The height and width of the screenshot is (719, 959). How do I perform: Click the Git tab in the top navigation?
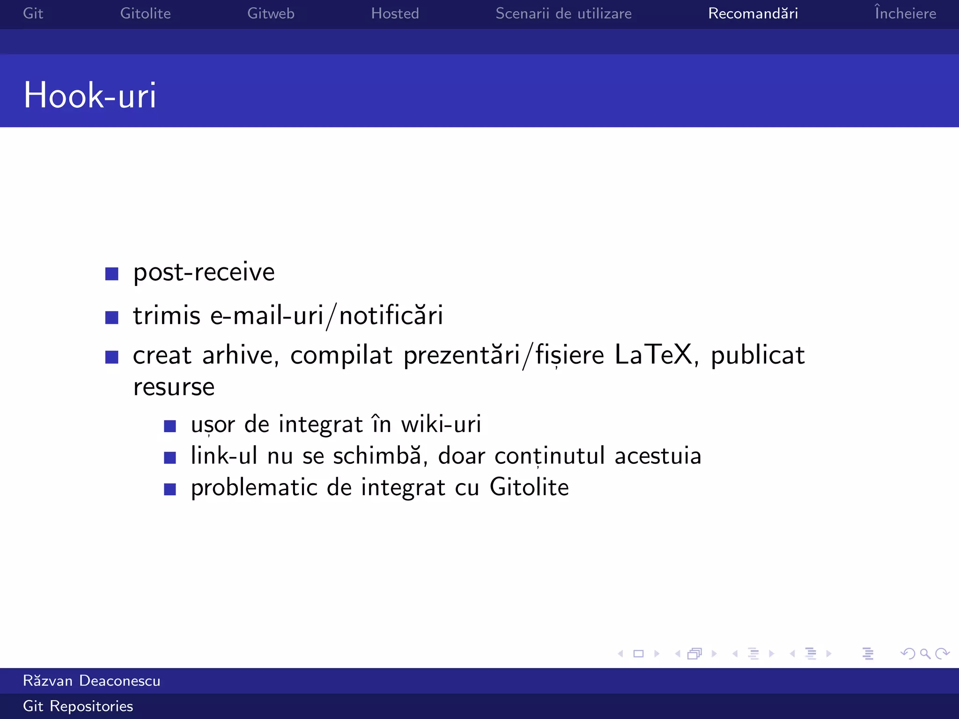[33, 13]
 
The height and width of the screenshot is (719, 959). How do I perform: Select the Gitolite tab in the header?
[145, 13]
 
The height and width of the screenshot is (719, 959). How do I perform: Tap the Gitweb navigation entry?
[271, 13]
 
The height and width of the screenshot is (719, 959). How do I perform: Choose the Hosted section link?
[395, 13]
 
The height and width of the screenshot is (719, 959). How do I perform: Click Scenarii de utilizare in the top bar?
[563, 13]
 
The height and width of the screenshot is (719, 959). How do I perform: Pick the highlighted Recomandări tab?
[752, 13]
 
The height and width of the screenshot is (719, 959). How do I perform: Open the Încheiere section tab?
[905, 13]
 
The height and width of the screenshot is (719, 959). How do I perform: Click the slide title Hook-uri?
[89, 95]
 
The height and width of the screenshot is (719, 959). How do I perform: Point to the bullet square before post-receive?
[112, 274]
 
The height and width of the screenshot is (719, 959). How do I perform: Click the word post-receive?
[204, 272]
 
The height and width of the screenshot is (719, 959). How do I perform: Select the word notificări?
[391, 315]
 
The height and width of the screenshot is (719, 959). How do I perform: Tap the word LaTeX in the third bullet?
[653, 355]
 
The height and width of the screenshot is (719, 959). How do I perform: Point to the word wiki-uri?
[441, 424]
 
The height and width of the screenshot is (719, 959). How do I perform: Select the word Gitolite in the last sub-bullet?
[529, 488]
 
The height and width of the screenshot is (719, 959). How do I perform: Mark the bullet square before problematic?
[170, 490]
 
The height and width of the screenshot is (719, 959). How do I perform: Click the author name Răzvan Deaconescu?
[92, 681]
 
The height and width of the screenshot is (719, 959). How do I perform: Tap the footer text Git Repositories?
[78, 706]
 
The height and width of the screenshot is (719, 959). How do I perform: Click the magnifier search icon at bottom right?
[925, 654]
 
